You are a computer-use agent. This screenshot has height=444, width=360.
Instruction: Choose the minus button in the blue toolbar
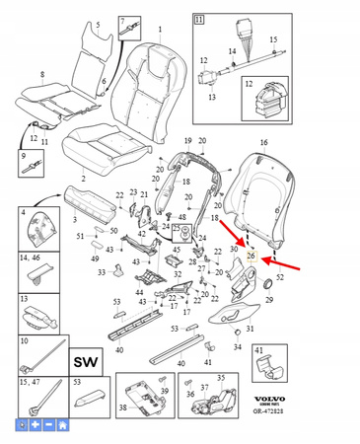tap(49, 424)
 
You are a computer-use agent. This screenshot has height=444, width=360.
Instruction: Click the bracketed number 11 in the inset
tap(199, 19)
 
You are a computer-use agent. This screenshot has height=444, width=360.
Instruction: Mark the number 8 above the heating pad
tap(41, 75)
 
